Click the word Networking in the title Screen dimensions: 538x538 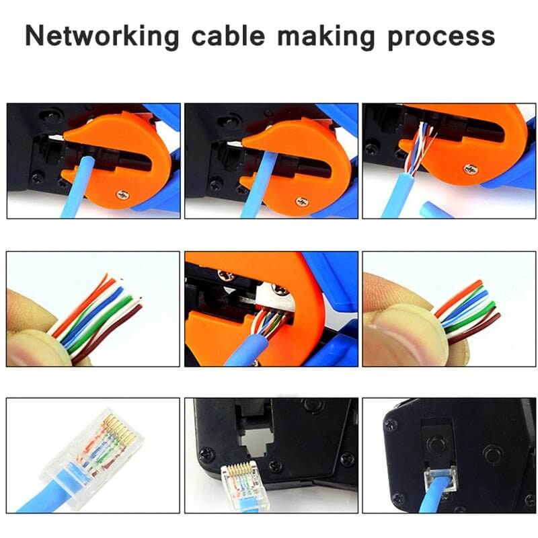click(x=102, y=36)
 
